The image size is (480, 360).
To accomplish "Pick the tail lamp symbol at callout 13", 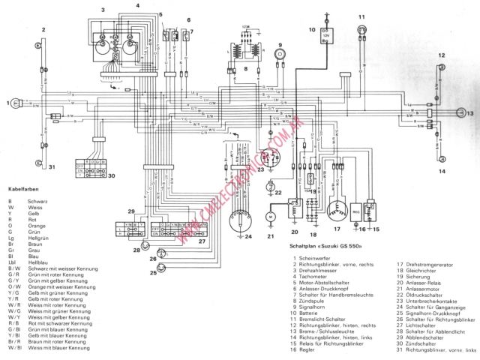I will tap(460, 113).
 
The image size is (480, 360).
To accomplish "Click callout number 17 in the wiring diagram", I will tap(336, 229).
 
